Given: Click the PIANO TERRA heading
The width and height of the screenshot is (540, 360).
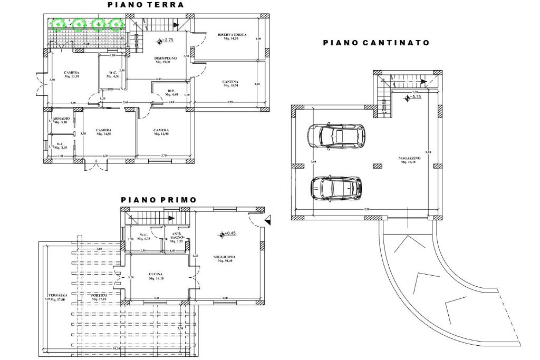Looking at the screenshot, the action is [146, 5].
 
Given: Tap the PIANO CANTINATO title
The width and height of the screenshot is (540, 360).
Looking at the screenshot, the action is [376, 43].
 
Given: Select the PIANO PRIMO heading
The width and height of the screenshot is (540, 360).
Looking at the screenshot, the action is [158, 200].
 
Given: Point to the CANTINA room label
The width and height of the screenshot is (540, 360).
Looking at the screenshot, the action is [230, 83].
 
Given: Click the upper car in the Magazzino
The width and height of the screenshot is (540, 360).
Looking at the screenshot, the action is [336, 136].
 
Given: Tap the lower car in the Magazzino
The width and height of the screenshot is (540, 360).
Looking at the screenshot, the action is [336, 188].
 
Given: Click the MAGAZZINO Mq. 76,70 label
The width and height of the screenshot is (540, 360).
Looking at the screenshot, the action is [410, 160].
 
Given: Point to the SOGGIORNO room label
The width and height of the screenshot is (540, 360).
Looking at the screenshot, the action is [225, 259].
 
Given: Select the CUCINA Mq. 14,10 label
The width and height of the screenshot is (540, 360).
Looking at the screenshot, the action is [155, 276].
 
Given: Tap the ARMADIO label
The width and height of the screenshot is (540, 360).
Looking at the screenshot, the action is [61, 119].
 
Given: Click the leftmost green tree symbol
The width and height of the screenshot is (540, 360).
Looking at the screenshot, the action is [57, 24].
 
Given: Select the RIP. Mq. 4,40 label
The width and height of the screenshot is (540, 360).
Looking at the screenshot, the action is [171, 93].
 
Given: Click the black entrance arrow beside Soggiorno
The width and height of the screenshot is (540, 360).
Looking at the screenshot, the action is [268, 220].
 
